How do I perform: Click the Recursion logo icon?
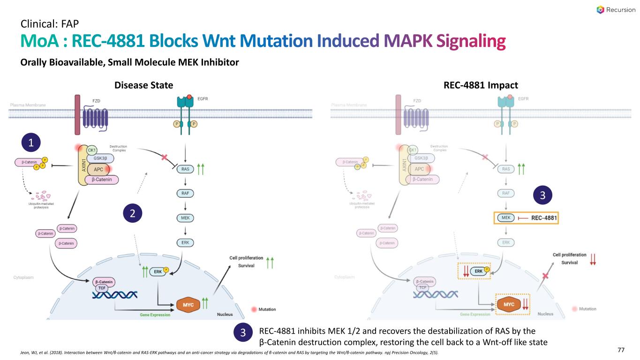point(600,10)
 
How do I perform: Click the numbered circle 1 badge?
point(32,142)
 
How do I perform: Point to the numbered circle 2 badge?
point(132,214)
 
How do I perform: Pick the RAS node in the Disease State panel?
point(186,169)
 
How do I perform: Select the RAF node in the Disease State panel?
point(186,194)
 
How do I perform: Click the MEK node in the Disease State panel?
point(186,218)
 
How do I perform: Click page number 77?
point(621,350)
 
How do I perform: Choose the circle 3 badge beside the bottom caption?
point(242,333)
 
